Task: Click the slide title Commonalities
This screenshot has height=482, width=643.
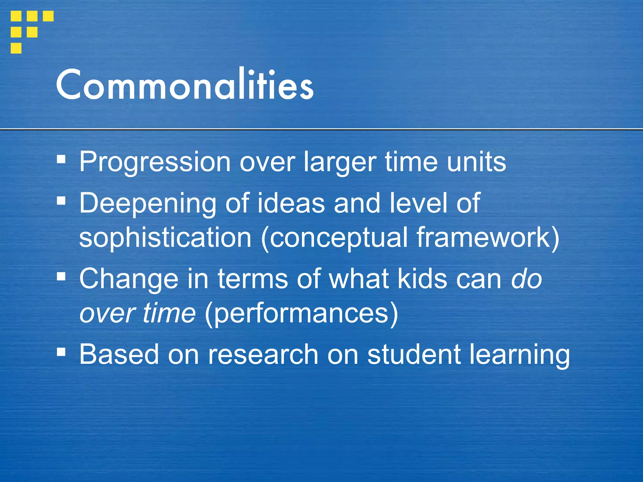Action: click(x=185, y=85)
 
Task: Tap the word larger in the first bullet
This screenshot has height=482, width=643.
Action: click(x=340, y=162)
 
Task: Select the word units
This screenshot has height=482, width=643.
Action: click(x=477, y=162)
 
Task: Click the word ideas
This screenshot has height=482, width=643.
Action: click(x=291, y=203)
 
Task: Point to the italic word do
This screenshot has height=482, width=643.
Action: click(x=527, y=279)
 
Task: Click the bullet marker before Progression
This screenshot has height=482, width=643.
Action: click(x=61, y=159)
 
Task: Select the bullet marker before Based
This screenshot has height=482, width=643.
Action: click(x=61, y=352)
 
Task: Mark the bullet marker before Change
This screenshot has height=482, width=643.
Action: click(x=61, y=276)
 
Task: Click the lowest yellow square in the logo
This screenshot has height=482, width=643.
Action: click(x=16, y=48)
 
